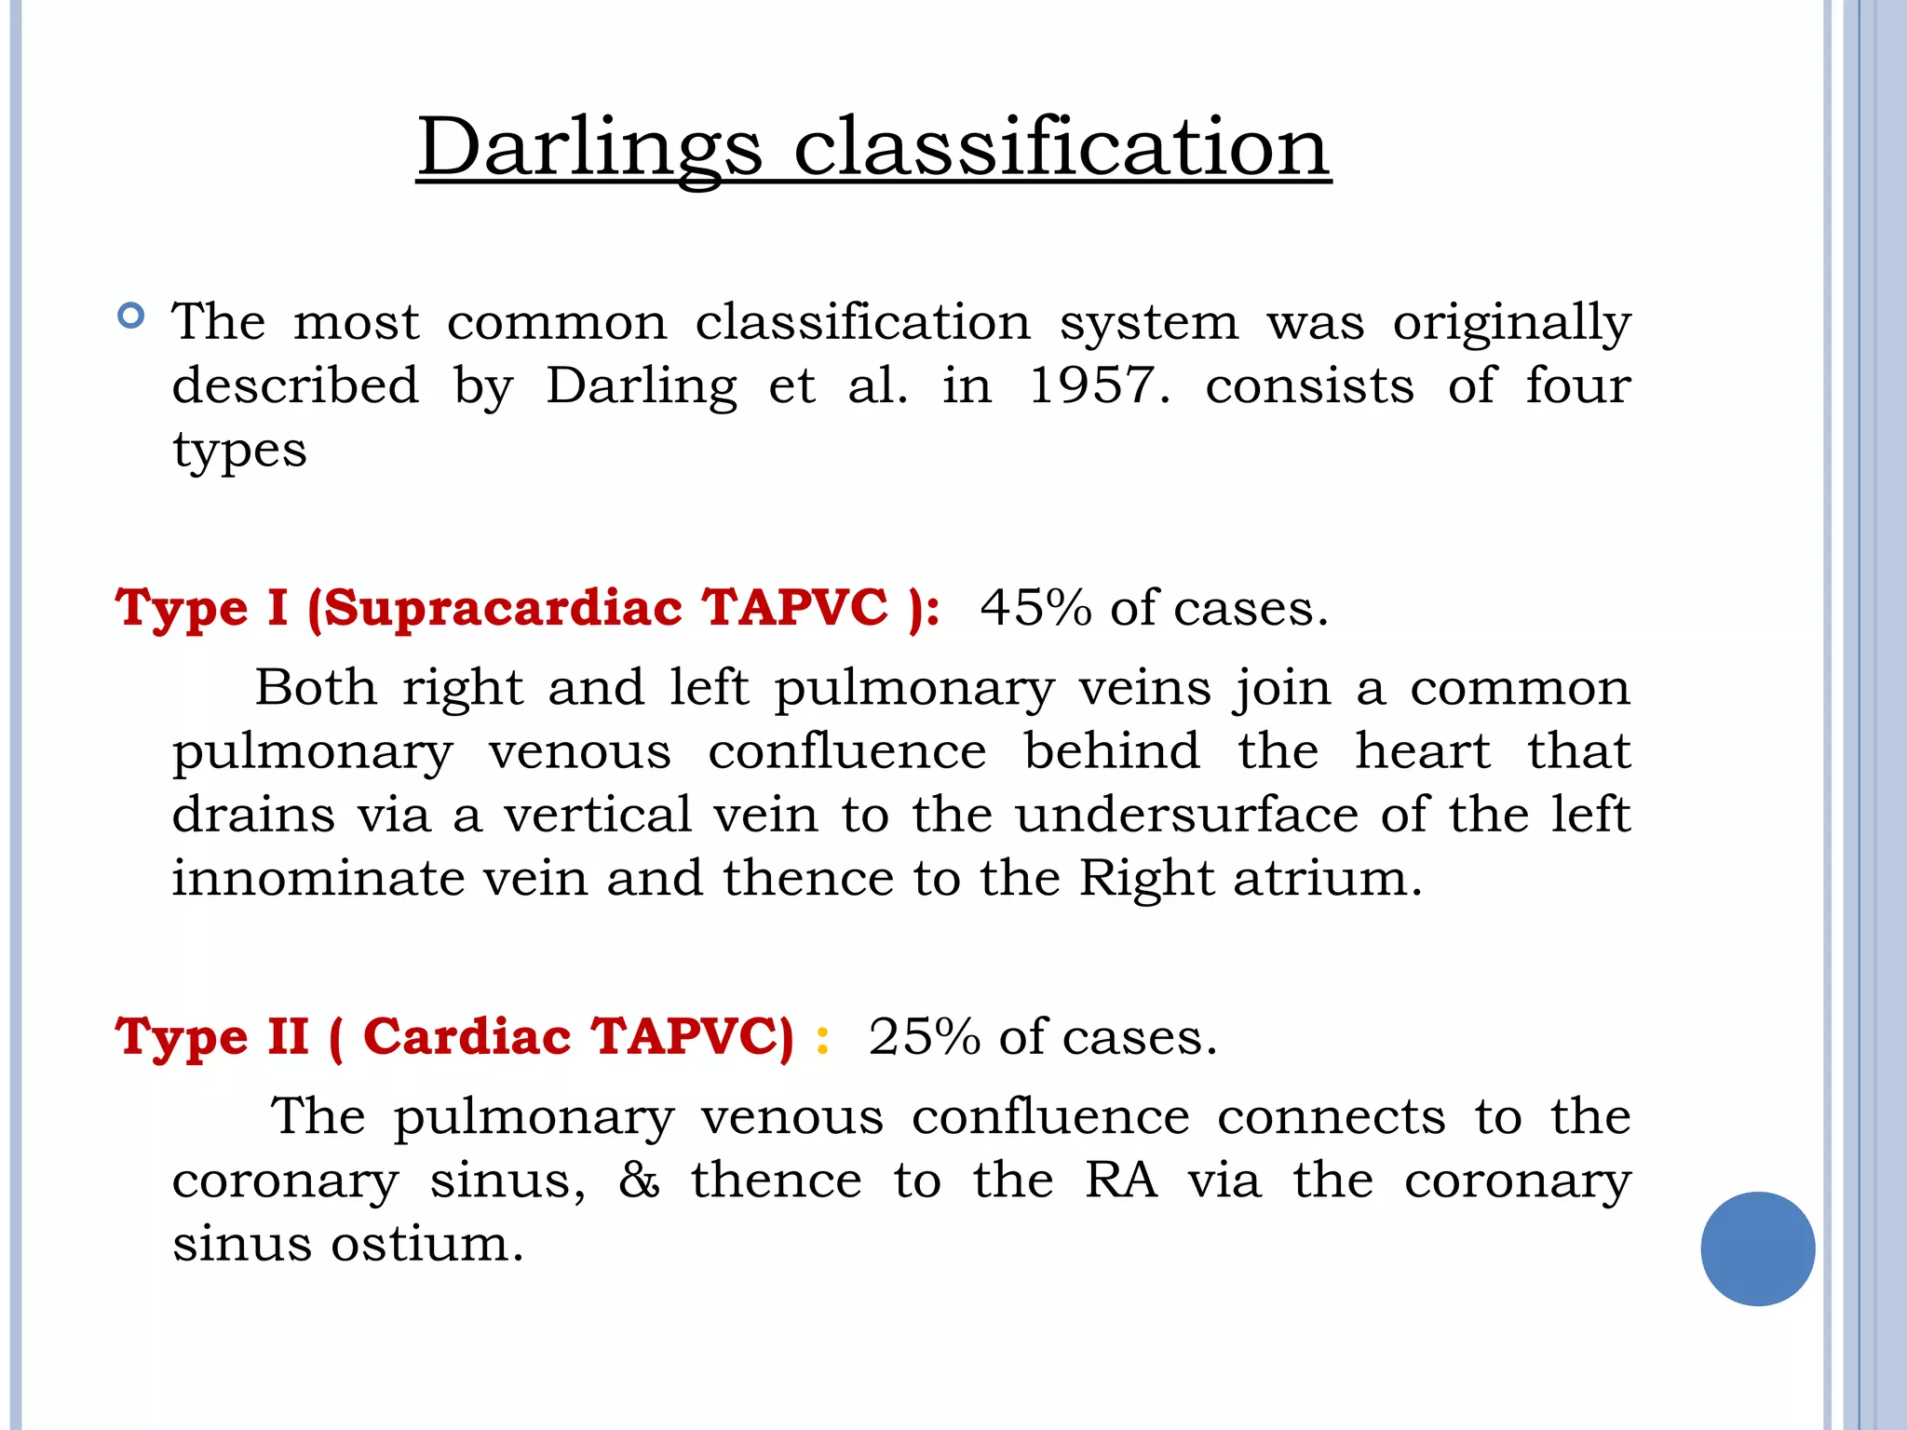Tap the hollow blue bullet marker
[x=131, y=317]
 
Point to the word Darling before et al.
[x=642, y=386]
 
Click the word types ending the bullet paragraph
[x=239, y=452]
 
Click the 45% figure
[x=1035, y=608]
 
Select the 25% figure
[x=924, y=1037]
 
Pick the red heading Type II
[x=211, y=1037]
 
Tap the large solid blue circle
[x=1757, y=1248]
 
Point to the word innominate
[x=318, y=878]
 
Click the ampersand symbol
[x=640, y=1180]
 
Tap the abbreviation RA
[x=1121, y=1180]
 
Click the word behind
[x=1112, y=751]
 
